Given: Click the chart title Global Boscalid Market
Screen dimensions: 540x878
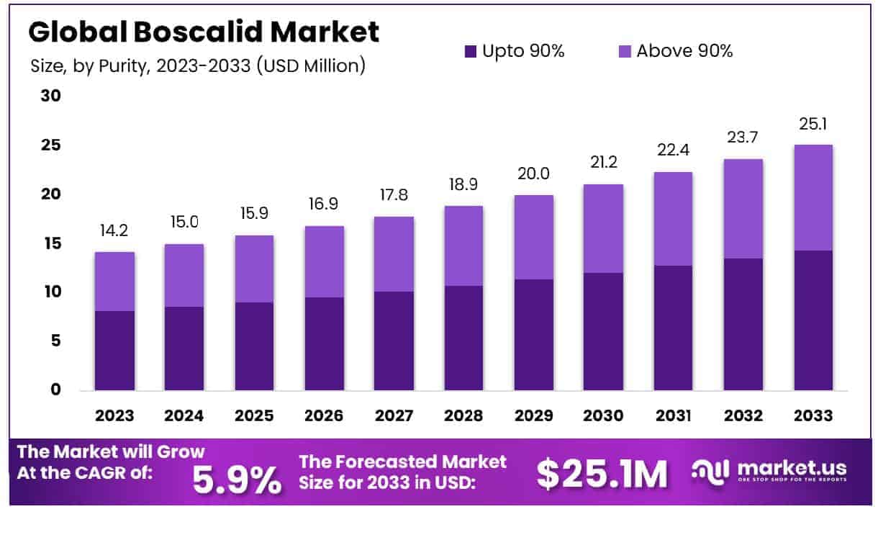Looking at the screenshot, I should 204,32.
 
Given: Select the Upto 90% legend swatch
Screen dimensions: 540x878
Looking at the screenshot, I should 471,51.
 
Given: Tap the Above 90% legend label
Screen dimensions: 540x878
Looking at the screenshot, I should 684,51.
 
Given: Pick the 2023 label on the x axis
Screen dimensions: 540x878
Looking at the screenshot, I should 114,415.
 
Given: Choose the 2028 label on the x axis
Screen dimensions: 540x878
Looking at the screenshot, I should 463,415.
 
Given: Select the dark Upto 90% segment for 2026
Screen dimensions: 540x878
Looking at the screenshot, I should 324,343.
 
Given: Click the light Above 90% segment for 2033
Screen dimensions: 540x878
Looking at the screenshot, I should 813,197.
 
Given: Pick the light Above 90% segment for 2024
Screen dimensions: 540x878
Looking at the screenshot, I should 184,275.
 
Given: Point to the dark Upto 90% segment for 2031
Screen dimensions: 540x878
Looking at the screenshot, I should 673,328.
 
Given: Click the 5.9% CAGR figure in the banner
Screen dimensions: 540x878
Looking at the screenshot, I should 237,478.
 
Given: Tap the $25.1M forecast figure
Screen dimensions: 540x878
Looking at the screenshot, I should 602,474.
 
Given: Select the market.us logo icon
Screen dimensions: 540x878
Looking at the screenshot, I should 710,470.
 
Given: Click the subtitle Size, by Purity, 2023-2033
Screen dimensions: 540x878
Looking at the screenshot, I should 198,66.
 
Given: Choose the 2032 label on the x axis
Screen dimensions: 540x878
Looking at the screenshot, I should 743,415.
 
